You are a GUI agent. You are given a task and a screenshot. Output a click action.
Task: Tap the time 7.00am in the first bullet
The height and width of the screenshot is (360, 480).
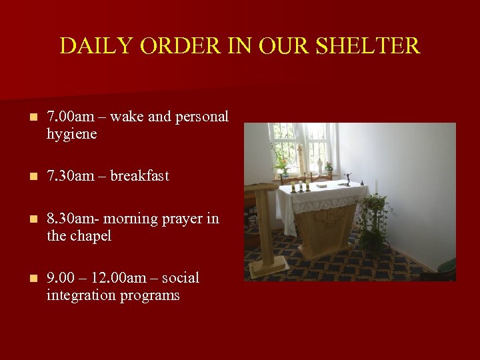(71, 117)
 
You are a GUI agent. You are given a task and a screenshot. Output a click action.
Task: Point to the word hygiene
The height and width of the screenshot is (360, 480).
(71, 134)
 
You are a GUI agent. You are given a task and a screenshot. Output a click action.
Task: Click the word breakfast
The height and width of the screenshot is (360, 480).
(139, 176)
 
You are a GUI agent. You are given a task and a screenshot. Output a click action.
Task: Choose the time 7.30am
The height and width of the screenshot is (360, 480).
(71, 176)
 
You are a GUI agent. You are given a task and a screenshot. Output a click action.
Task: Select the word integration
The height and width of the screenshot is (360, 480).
(80, 295)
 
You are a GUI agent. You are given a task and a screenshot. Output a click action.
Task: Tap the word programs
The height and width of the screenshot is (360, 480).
(151, 295)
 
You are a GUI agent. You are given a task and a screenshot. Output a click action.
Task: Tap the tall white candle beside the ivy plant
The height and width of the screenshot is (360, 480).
(375, 186)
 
